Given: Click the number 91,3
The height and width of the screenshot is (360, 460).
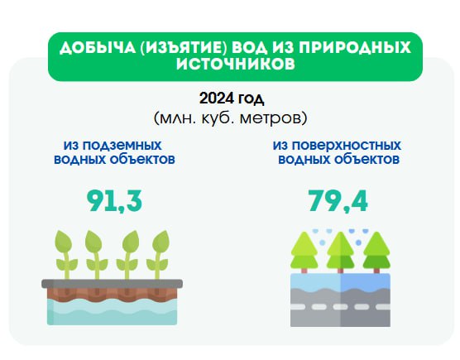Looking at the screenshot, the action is coord(114,201).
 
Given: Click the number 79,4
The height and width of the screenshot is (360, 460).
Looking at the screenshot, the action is coord(338,201).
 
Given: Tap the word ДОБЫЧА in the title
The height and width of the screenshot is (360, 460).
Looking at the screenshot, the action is coord(98,47).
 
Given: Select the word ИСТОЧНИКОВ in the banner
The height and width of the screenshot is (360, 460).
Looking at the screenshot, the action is coord(236,64).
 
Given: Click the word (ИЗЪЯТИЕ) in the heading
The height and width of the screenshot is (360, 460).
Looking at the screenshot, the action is coord(184,47).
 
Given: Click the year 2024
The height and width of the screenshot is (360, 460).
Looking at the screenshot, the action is coord(217,98).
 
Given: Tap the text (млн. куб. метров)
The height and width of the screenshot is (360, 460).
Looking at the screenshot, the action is coord(231,118).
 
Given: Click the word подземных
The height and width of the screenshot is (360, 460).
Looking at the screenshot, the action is coord(122,146).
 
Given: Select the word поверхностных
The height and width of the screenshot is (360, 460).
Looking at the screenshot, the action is coord(347,146).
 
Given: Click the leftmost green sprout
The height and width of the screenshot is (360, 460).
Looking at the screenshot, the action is coord(65,255).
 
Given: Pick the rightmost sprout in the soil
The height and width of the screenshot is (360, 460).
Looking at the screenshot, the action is coord(159,255).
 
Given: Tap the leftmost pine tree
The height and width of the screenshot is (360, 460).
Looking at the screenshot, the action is coord(304,252).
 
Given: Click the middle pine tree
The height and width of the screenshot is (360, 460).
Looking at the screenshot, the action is coord(340,252).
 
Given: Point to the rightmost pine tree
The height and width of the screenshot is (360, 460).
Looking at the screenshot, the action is coord(376,252).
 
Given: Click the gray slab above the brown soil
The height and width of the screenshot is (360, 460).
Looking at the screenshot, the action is coord(112,283).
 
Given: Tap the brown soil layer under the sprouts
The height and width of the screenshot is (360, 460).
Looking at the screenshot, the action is coord(112,295).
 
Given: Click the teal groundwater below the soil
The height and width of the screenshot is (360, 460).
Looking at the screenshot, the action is coord(112,313).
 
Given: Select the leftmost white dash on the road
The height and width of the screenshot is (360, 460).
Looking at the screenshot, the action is coord(298,307).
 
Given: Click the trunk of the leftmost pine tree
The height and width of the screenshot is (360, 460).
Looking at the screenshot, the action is coord(304,271).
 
